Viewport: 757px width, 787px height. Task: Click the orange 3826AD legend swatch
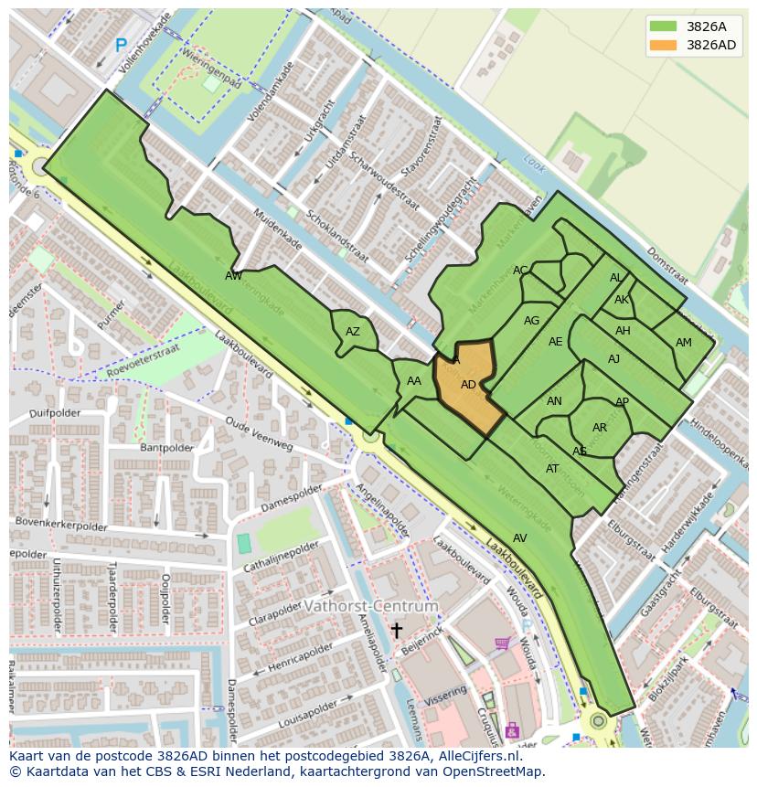tap(664, 45)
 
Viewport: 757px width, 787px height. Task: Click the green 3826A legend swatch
tap(664, 27)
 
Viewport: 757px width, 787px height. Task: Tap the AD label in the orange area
tap(468, 385)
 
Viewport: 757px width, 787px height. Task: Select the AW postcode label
tap(234, 275)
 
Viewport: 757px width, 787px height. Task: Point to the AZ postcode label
tap(353, 332)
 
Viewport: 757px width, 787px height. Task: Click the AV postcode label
tap(519, 538)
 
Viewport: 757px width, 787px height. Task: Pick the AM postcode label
tap(684, 343)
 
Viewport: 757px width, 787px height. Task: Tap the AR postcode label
tap(600, 428)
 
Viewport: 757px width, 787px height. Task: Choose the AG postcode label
tap(531, 321)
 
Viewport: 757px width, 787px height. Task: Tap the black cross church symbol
tap(397, 630)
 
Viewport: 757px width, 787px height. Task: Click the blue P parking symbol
tap(121, 44)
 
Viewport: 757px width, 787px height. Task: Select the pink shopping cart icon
tap(502, 643)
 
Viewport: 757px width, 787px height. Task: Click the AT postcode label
tap(552, 469)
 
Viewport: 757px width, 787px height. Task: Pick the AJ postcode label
tap(613, 359)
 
